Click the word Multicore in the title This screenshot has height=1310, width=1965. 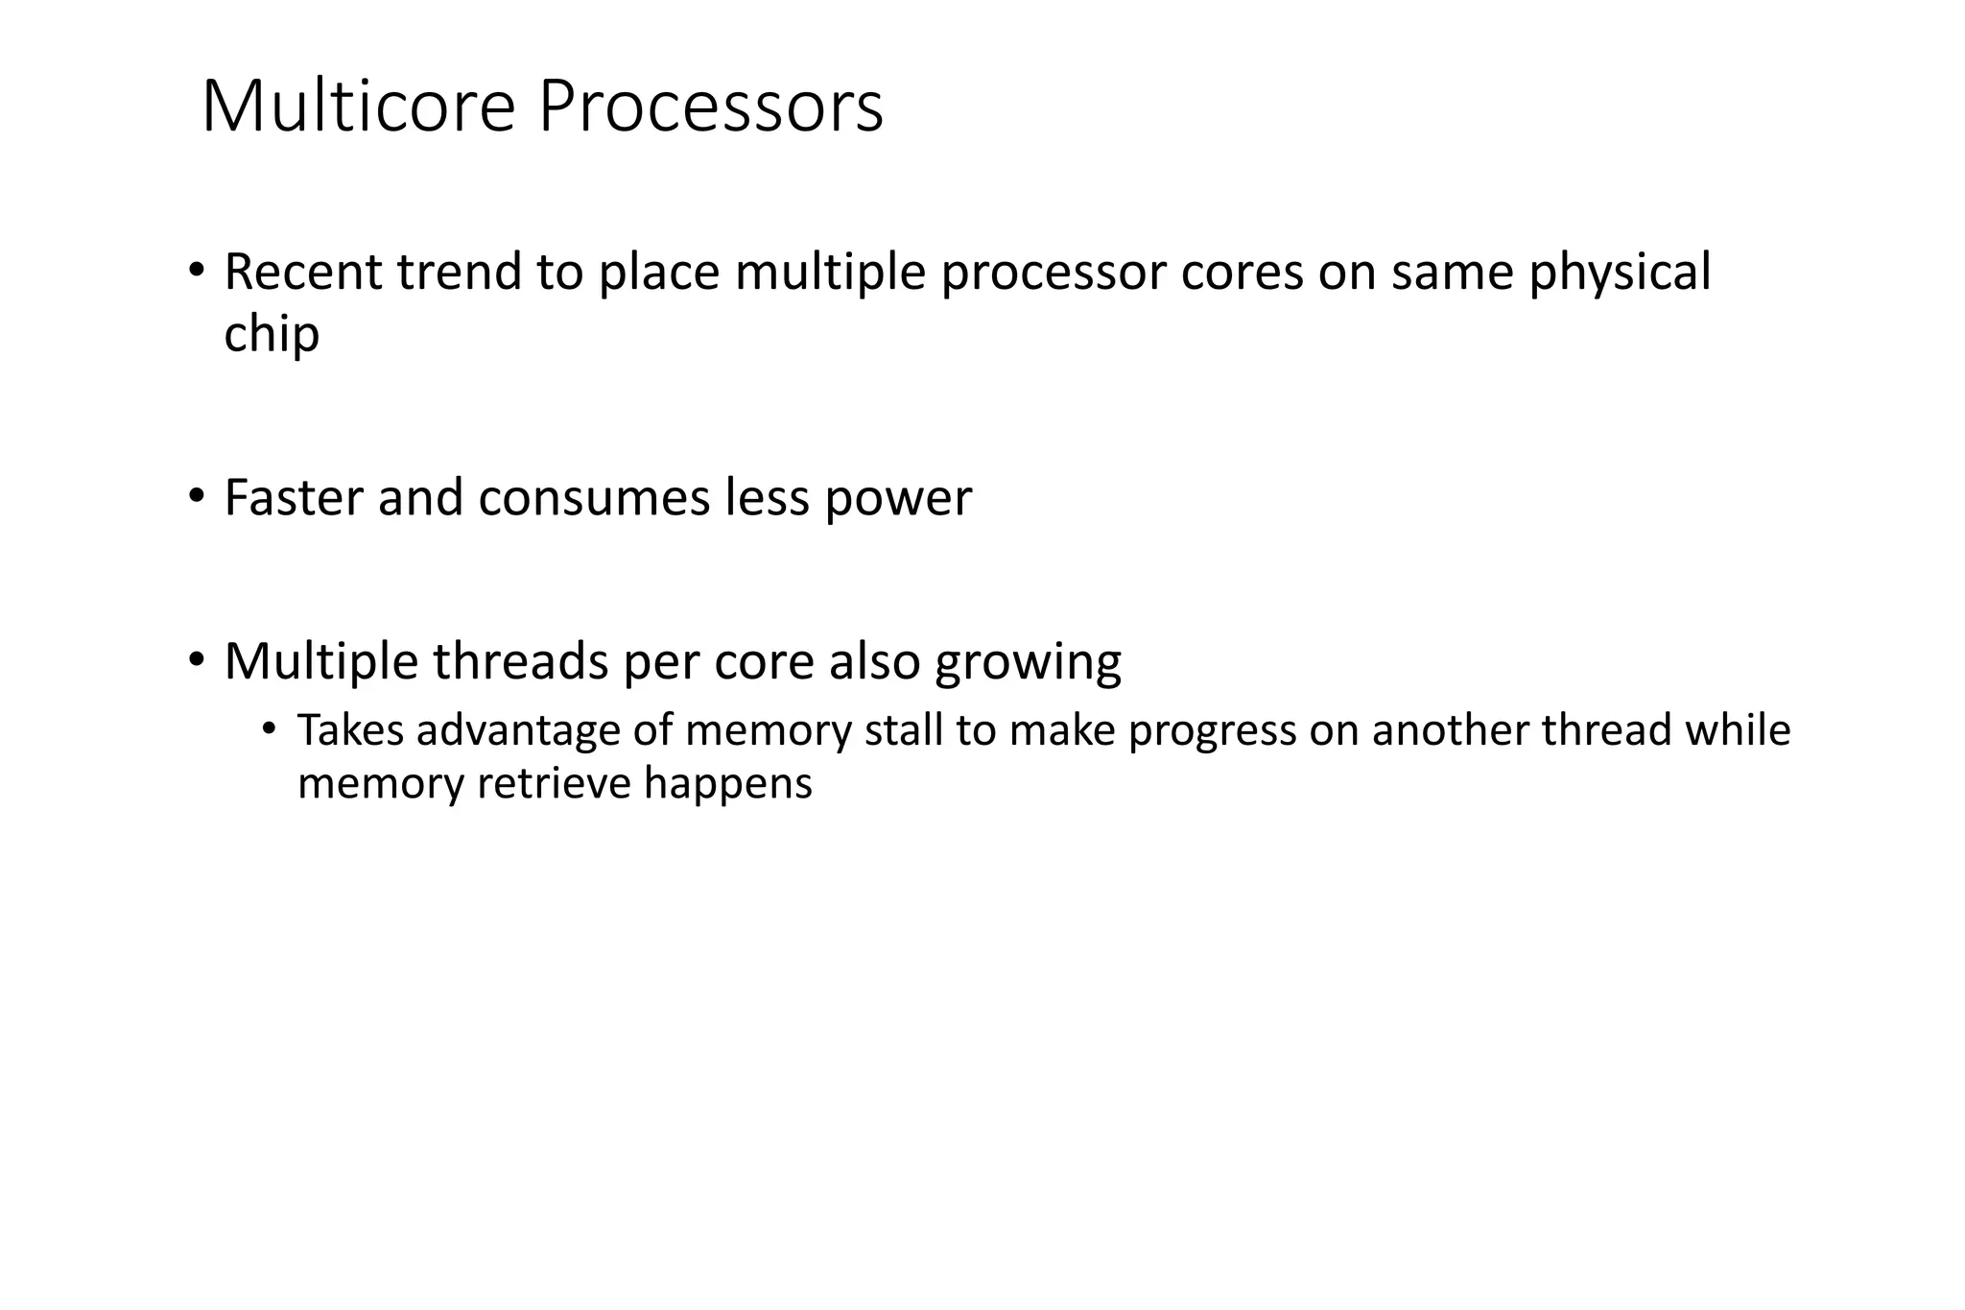359,107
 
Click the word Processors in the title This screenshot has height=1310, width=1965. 710,107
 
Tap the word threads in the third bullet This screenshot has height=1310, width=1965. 521,661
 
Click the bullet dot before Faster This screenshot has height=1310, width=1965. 197,496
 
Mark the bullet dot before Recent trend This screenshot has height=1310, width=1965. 197,270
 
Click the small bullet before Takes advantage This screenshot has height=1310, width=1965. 269,729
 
